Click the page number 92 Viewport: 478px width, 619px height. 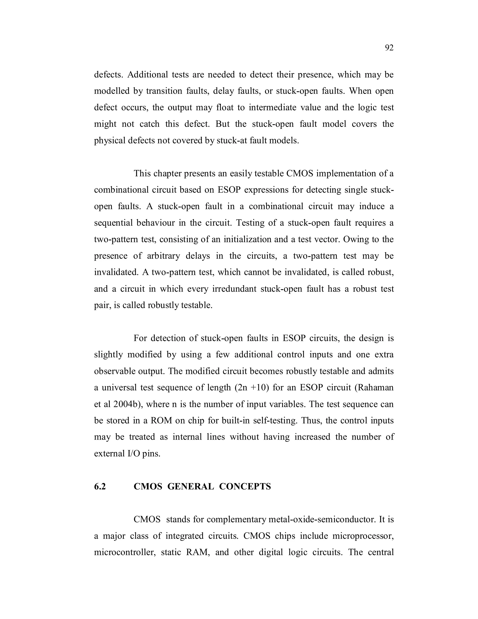[389, 48]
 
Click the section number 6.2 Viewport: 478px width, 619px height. [100, 486]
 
